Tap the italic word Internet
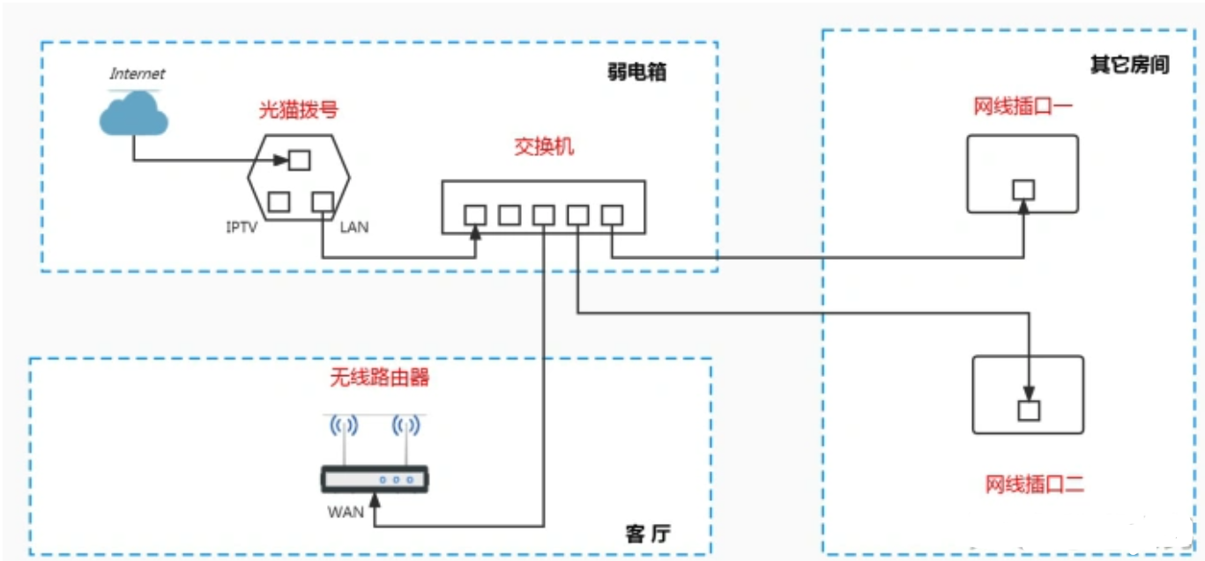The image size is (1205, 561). pyautogui.click(x=137, y=73)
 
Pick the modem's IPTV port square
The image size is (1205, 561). pyautogui.click(x=279, y=201)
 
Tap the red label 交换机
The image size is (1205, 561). pyautogui.click(x=544, y=146)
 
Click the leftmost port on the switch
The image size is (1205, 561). pyautogui.click(x=475, y=214)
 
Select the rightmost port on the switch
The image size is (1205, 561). pyautogui.click(x=612, y=214)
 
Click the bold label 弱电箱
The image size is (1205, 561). pyautogui.click(x=636, y=72)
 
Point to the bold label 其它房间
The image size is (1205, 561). pyautogui.click(x=1129, y=65)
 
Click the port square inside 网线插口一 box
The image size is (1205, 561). pyautogui.click(x=1023, y=189)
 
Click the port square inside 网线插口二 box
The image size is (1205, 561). pyautogui.click(x=1028, y=410)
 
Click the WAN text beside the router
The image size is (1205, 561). pyautogui.click(x=346, y=511)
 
